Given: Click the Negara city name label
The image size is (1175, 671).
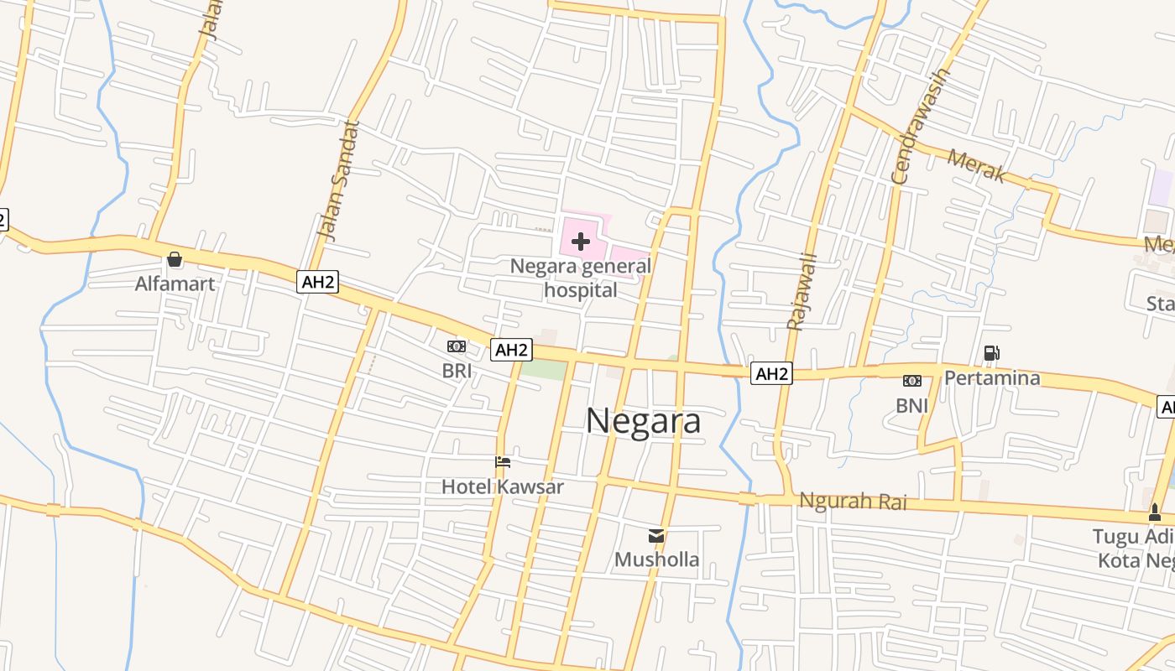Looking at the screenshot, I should (643, 421).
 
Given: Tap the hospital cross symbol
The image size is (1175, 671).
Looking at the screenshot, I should (580, 242).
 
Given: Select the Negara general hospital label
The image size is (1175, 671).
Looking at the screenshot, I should (581, 278).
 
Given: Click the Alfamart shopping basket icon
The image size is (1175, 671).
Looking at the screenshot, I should (175, 260).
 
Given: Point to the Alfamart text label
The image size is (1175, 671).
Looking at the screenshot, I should (175, 283).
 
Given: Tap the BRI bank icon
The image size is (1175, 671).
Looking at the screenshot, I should (457, 346).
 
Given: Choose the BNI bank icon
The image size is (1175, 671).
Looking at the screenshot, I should (911, 382).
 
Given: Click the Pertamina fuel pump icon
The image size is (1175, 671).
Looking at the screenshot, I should (991, 354).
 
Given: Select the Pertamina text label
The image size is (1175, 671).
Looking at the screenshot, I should (992, 378).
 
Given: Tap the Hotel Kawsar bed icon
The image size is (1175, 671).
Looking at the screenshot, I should (503, 462).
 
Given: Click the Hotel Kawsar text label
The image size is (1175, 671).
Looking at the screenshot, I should (503, 486).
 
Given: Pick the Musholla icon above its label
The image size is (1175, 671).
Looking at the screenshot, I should (656, 535).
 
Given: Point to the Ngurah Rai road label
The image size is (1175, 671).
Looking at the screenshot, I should (853, 502).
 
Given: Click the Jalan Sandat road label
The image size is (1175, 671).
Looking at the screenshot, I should (339, 180).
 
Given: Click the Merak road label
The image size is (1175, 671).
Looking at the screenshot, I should (977, 165).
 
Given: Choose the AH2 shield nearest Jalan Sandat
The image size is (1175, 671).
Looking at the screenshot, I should (318, 282).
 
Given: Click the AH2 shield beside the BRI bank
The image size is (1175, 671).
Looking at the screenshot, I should (511, 350).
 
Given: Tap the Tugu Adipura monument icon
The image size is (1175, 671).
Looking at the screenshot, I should (1155, 512).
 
